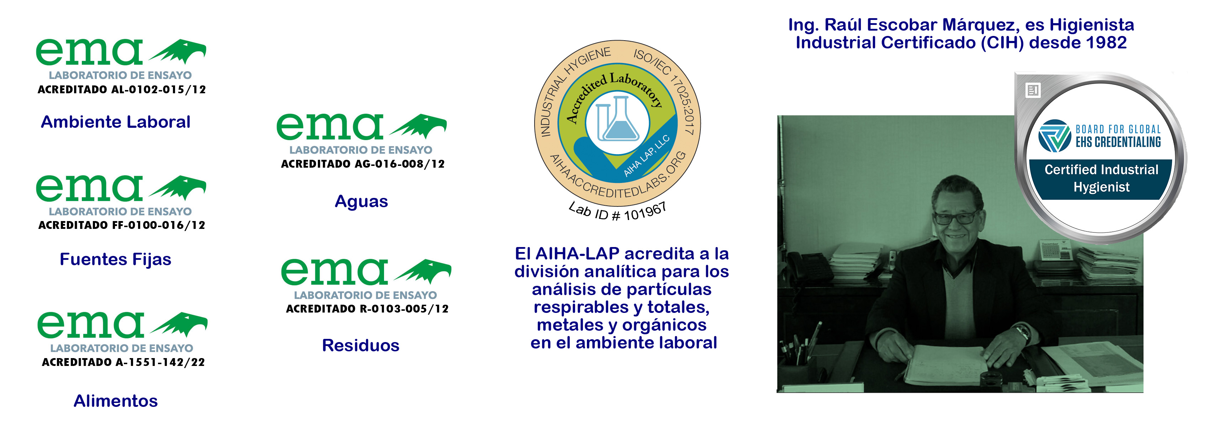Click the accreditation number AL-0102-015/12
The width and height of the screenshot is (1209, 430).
tap(159, 90)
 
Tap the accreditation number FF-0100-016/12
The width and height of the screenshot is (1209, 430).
tap(159, 225)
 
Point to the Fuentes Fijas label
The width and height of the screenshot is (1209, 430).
tap(115, 259)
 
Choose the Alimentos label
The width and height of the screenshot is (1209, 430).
tap(115, 401)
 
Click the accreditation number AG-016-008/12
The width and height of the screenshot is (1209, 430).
tap(399, 164)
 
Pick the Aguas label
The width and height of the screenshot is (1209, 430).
tap(361, 202)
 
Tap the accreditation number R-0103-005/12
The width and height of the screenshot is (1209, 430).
tap(404, 309)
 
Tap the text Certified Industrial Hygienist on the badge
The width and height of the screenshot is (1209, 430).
tap(1101, 178)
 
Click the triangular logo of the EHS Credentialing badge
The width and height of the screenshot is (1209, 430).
tap(1055, 136)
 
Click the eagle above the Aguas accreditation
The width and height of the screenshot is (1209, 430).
tap(418, 126)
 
